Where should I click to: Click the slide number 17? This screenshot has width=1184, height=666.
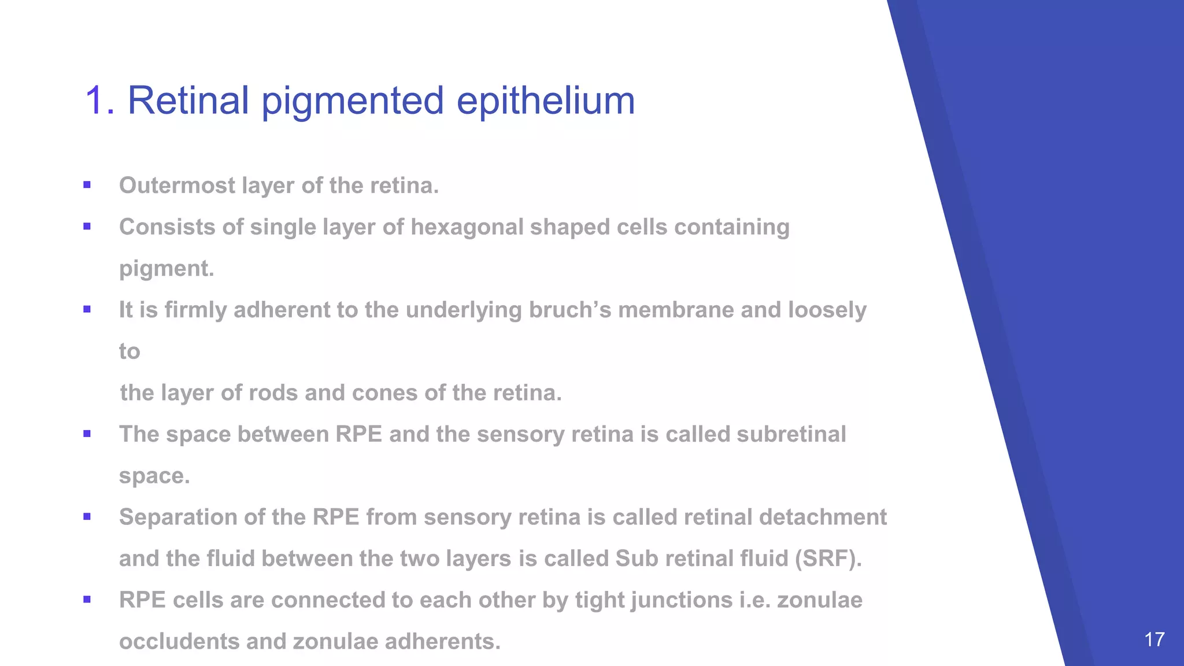[x=1155, y=639]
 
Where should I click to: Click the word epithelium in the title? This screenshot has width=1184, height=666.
[x=546, y=101]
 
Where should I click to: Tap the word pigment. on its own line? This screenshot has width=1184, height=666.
[x=166, y=269]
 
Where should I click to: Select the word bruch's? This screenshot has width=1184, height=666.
[x=570, y=310]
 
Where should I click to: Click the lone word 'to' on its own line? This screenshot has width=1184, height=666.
[x=129, y=351]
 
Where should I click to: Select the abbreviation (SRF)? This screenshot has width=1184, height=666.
[x=828, y=558]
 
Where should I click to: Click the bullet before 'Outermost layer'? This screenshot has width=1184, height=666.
[x=87, y=186]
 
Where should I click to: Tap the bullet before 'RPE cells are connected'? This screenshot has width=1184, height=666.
[x=87, y=600]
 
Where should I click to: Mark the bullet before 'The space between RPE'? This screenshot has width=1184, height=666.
[x=87, y=434]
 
